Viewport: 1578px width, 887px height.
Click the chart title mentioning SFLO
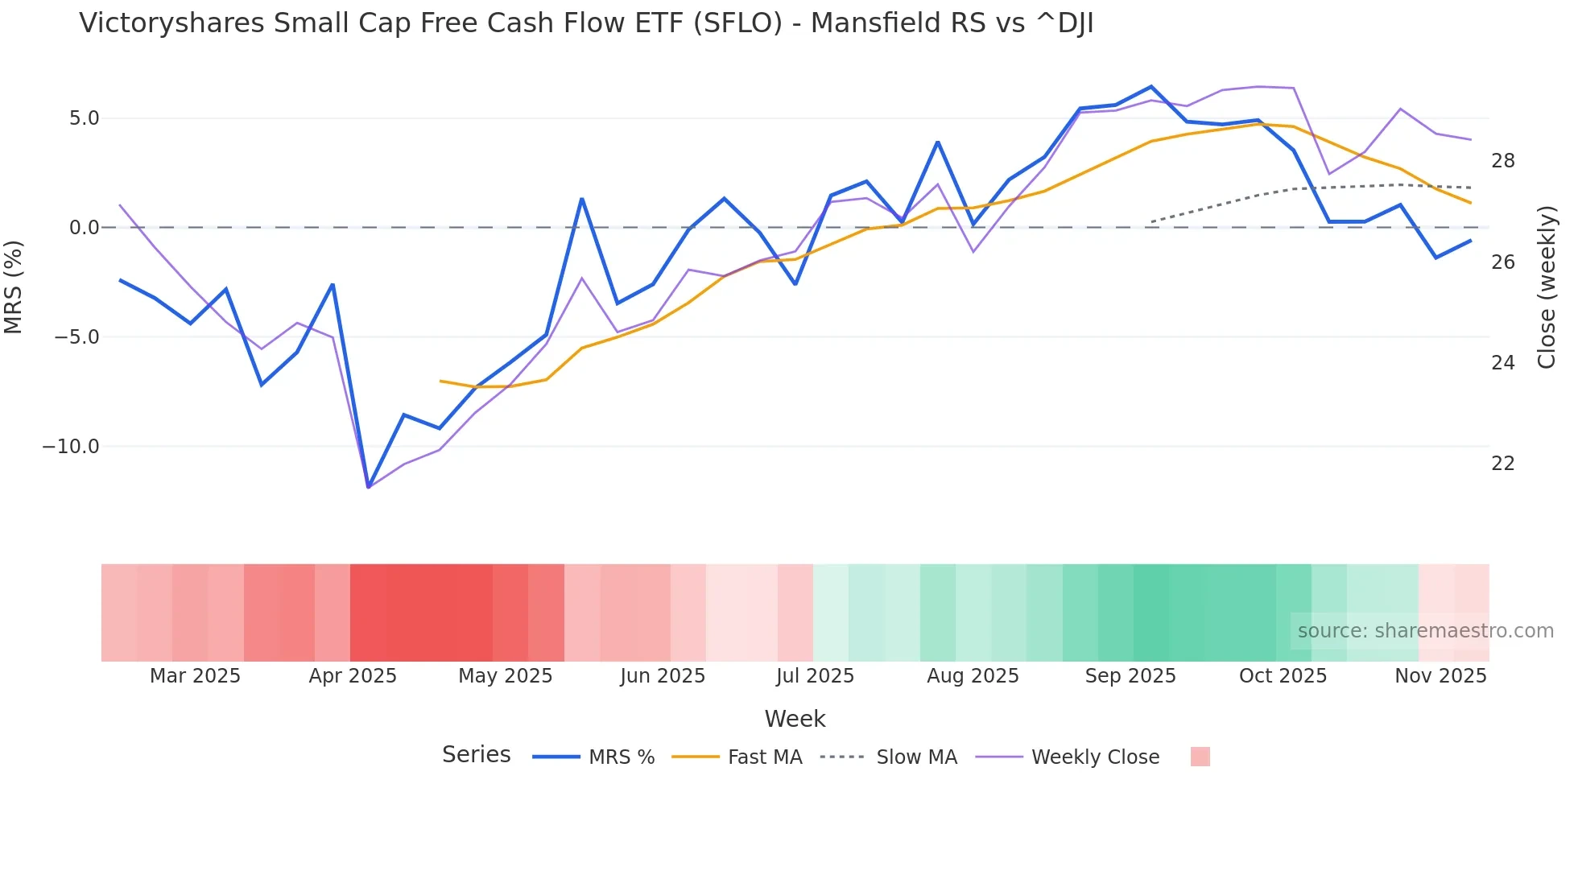(x=585, y=23)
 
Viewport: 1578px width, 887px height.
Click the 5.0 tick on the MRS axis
(x=84, y=118)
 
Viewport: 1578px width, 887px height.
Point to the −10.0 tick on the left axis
(x=71, y=446)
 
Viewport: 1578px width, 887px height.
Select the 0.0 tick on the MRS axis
(x=84, y=228)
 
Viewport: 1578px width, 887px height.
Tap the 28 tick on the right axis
(x=1502, y=161)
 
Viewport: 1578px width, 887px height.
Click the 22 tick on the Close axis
(x=1502, y=464)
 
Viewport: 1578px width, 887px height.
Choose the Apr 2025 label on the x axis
(x=353, y=676)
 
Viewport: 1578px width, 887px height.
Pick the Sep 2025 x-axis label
(x=1130, y=676)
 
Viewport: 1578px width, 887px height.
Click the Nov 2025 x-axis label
(x=1440, y=676)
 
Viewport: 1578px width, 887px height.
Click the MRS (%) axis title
(x=14, y=287)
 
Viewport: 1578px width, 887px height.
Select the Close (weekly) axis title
(x=1547, y=287)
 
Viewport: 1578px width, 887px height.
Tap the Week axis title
(x=795, y=719)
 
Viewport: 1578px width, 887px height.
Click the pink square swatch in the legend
(x=1200, y=757)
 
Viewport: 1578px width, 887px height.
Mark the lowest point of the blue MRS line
(x=369, y=487)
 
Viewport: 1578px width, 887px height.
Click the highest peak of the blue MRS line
(x=1151, y=87)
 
